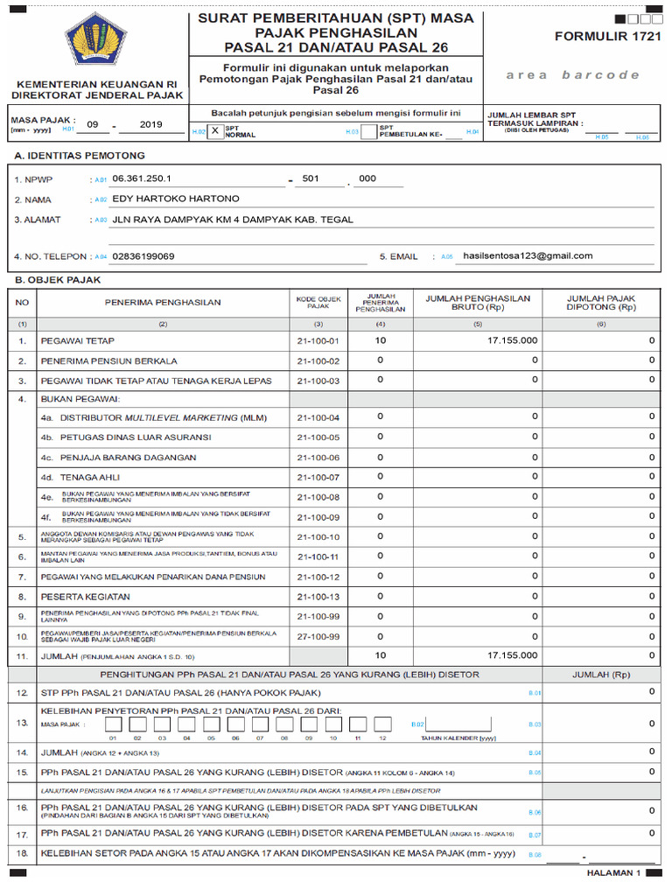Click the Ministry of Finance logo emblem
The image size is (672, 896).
tap(95, 44)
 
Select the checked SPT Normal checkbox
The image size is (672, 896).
tap(215, 130)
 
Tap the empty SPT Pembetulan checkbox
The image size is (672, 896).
tap(369, 130)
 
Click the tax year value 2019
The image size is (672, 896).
tap(151, 125)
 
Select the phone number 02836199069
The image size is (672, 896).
tap(144, 256)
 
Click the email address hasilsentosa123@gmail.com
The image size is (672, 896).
tap(528, 255)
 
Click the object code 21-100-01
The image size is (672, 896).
tap(318, 340)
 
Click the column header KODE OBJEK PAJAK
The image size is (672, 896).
tap(318, 303)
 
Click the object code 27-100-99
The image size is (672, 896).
tap(318, 636)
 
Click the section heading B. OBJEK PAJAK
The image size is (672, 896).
tap(58, 280)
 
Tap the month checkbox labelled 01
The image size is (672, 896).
tap(113, 724)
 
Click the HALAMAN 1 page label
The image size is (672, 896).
tap(612, 873)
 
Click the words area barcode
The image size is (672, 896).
tap(572, 75)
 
